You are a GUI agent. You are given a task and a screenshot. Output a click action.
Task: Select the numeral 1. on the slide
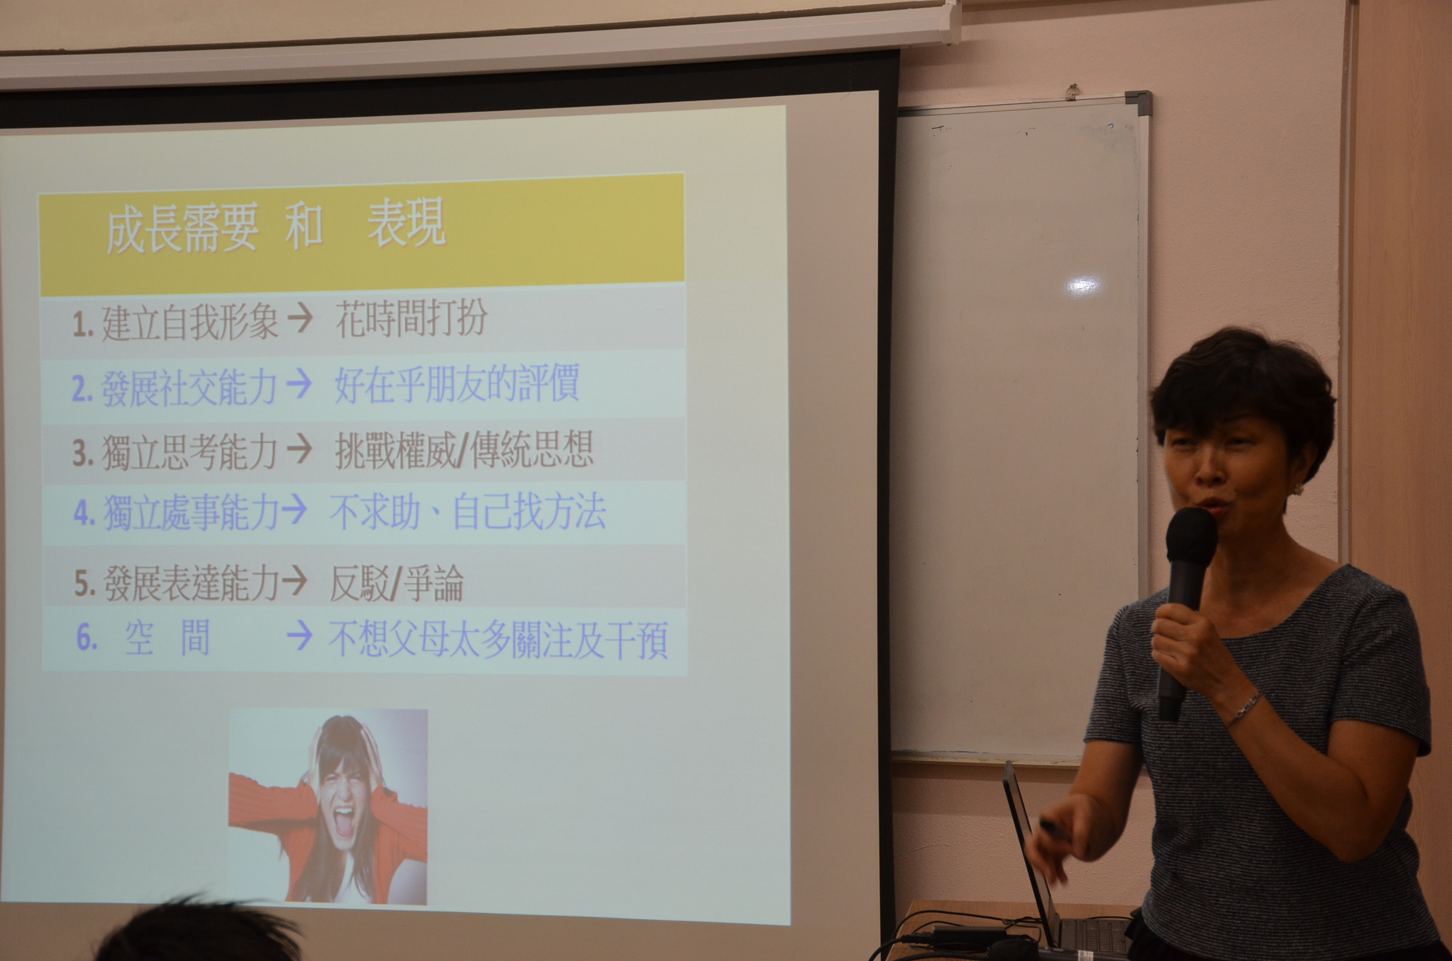pyautogui.click(x=82, y=324)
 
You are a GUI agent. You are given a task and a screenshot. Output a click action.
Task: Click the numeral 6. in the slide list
pyautogui.click(x=87, y=637)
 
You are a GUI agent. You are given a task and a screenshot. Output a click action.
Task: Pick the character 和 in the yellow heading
pyautogui.click(x=303, y=226)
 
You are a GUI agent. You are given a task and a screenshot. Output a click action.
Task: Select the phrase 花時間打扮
pyautogui.click(x=411, y=319)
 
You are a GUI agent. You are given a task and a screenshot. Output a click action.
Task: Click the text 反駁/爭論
pyautogui.click(x=396, y=583)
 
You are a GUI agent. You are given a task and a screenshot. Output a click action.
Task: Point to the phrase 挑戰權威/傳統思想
pyautogui.click(x=464, y=450)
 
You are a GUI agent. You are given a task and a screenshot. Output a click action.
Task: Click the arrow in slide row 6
pyautogui.click(x=299, y=637)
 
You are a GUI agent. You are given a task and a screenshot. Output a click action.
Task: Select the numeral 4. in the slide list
pyautogui.click(x=85, y=513)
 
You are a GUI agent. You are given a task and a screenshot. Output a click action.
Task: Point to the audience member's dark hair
pyautogui.click(x=202, y=932)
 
